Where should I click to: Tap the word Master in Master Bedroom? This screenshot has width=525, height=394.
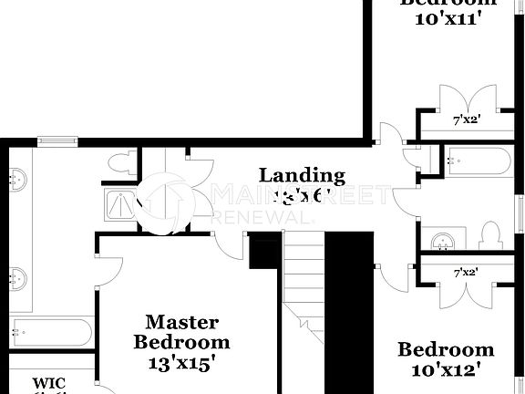(182, 322)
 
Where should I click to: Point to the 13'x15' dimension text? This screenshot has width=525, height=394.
(182, 361)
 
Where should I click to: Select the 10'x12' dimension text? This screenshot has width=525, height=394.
(446, 369)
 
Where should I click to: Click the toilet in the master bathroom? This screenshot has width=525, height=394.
(121, 164)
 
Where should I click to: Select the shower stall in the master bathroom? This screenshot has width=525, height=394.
(118, 207)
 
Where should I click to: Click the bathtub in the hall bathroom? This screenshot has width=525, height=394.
(479, 161)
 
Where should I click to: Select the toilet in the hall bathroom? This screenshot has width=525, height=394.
(490, 236)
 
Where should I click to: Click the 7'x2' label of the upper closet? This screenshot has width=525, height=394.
(466, 119)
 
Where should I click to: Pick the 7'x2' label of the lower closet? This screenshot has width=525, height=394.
(466, 271)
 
